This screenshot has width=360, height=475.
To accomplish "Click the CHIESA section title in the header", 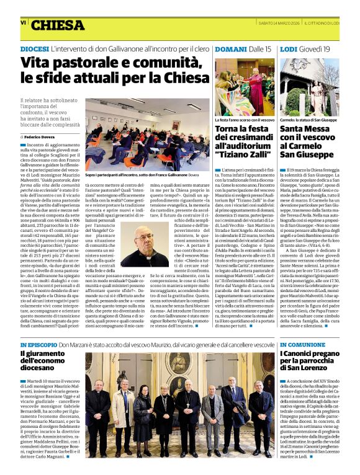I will point(58,25).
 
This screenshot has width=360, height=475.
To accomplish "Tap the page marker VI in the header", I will point(23,22).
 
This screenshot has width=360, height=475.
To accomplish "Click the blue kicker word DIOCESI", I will point(34,48).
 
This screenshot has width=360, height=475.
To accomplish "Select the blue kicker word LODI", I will point(289,48).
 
